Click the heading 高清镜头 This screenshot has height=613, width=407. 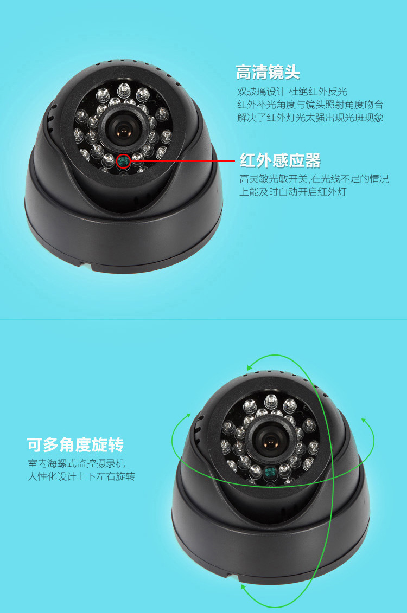pos(268,73)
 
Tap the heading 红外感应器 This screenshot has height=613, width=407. pos(280,160)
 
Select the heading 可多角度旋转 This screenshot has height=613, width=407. pos(75,445)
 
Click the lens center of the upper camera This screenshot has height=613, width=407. pos(123,128)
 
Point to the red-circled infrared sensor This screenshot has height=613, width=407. pos(124,160)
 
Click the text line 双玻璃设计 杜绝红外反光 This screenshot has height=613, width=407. pos(292,92)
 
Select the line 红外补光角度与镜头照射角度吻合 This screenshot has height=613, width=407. pos(310,105)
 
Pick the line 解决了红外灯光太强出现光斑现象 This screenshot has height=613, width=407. pos(310,118)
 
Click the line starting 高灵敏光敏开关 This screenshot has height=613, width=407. pos(314,179)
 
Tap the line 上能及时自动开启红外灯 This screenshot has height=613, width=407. pos(293,192)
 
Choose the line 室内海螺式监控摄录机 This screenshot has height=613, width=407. pos(77,463)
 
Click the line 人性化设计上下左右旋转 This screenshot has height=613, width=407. pos(81,476)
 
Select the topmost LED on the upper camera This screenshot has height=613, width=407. pos(124,89)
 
